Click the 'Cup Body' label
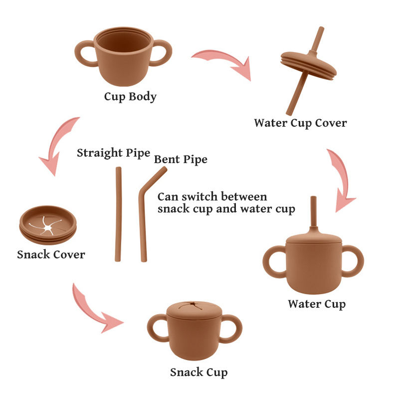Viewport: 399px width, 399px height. coord(130,97)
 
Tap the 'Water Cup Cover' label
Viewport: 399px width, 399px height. coord(300,123)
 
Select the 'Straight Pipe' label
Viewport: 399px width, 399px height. coord(113,153)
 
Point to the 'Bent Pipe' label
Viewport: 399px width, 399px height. coord(181,160)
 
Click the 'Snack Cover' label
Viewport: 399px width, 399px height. coord(51,255)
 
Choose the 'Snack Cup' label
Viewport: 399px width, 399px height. coord(199,372)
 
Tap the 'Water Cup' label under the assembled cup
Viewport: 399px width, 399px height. coord(316,304)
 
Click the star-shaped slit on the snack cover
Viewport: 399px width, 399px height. coord(47,227)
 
